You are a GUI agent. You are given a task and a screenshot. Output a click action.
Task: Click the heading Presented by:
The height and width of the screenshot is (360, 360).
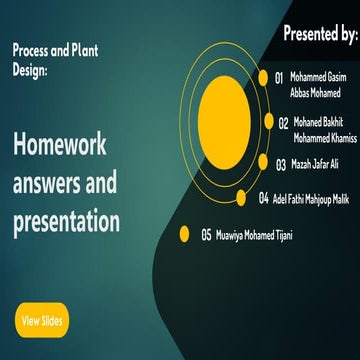[x=320, y=34]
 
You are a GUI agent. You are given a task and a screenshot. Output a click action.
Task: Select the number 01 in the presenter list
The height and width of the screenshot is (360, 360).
[x=279, y=77]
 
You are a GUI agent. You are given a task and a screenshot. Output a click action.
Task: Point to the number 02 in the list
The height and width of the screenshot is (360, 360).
[x=284, y=123]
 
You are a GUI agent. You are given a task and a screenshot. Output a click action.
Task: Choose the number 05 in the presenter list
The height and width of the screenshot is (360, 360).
[x=206, y=236]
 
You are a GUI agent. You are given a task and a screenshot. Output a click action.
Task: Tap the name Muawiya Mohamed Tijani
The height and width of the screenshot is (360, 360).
[x=254, y=236]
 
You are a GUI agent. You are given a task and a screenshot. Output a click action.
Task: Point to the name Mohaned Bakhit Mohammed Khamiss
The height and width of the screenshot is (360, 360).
[x=324, y=129]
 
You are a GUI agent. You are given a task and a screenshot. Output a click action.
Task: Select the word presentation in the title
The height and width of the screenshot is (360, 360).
[x=67, y=219]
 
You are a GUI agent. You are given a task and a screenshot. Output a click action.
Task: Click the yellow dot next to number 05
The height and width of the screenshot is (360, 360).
[x=184, y=235]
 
